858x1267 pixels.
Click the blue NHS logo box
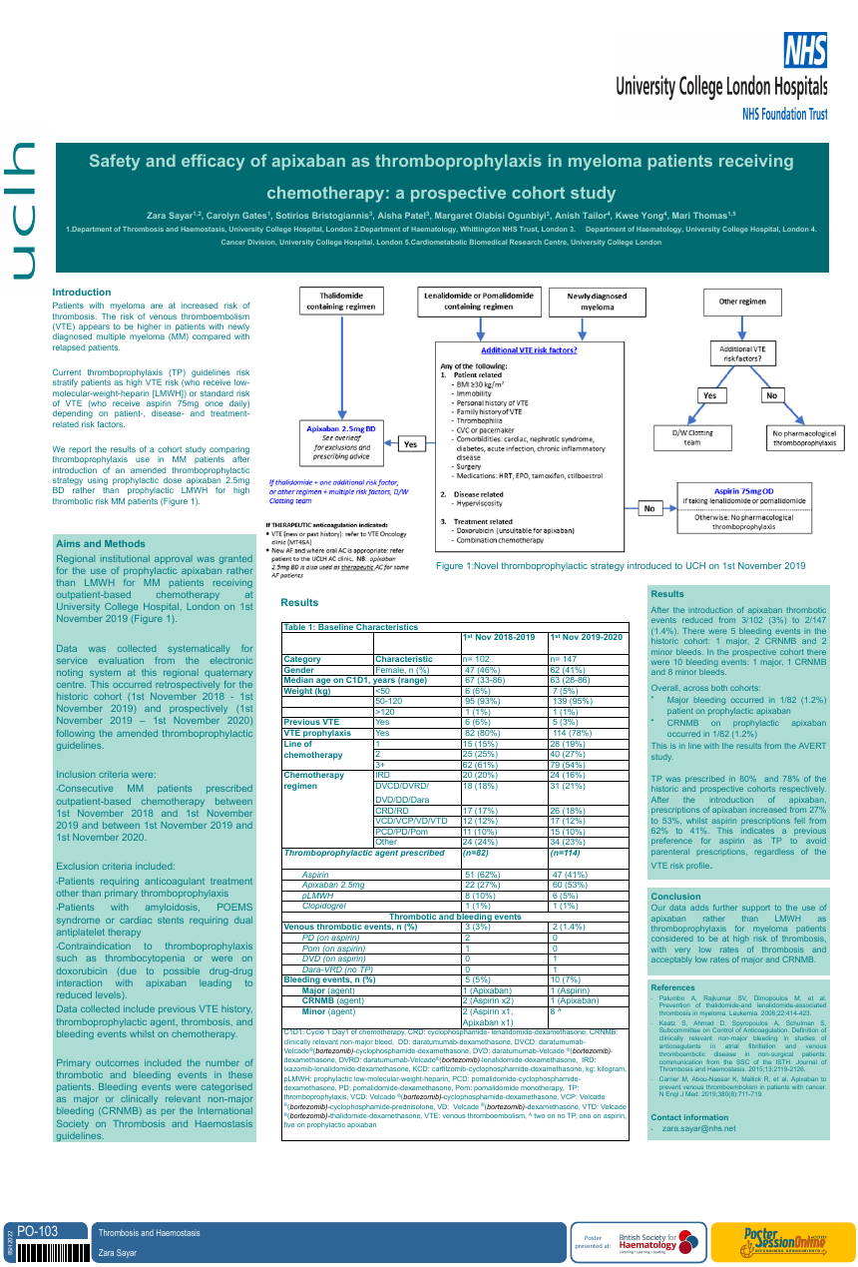[x=804, y=49]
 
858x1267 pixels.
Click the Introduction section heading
[x=82, y=293]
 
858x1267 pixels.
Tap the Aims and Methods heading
[x=101, y=544]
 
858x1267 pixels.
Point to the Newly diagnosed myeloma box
[x=597, y=302]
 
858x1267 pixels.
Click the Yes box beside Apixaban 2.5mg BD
[x=410, y=444]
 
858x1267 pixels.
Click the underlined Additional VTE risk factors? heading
[x=529, y=350]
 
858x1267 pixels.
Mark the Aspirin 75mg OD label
[x=743, y=492]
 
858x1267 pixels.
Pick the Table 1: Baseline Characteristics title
[x=350, y=627]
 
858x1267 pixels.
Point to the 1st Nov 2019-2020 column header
[x=585, y=637]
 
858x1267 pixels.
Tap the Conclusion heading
[x=675, y=897]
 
